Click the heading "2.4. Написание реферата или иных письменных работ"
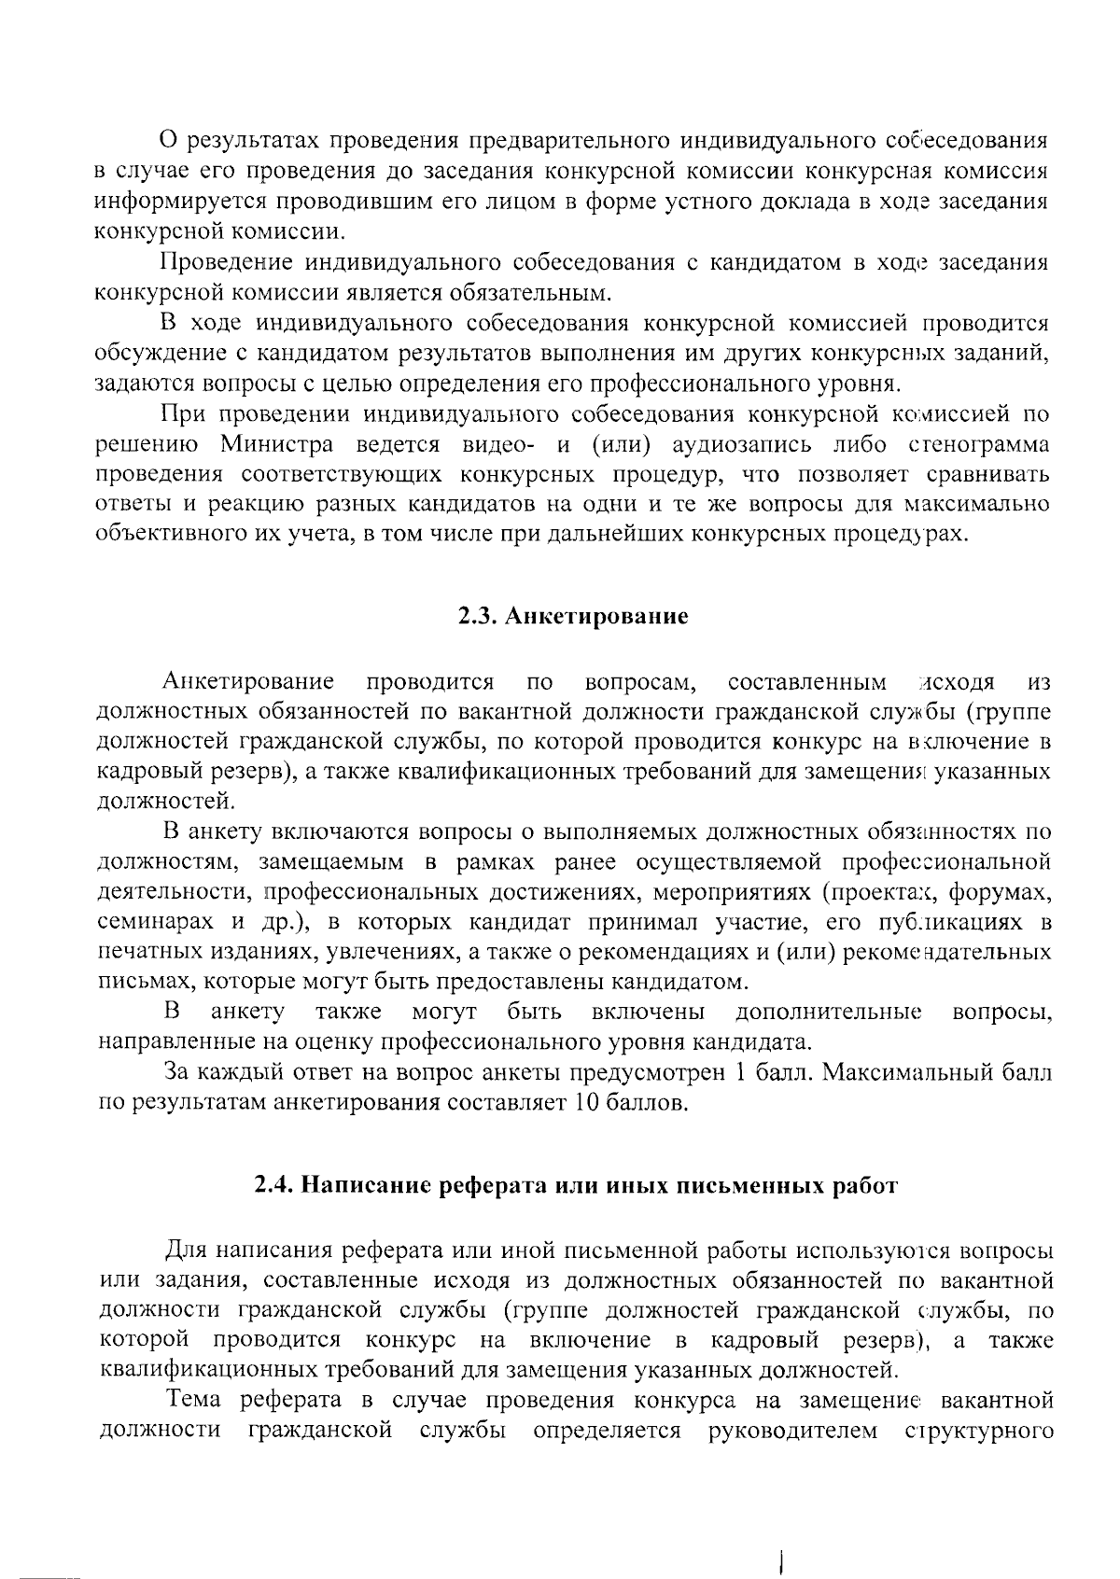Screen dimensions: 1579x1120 coord(576,1186)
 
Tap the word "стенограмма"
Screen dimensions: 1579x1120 coord(976,443)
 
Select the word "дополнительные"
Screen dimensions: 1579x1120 coord(828,1013)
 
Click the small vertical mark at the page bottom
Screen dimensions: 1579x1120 coord(778,1533)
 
